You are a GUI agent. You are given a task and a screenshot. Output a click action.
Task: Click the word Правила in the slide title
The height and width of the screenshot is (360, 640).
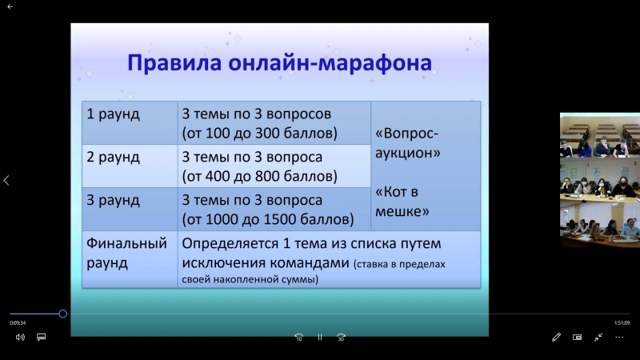click(x=174, y=63)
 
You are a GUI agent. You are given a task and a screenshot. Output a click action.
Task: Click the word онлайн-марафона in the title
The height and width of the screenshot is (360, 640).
click(x=330, y=63)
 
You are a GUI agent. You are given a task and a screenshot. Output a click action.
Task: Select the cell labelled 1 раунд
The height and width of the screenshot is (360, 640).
click(x=130, y=123)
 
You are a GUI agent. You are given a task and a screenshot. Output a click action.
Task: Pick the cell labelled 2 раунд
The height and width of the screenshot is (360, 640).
click(x=130, y=166)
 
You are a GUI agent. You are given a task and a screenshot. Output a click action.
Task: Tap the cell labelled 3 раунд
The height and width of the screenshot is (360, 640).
click(x=130, y=210)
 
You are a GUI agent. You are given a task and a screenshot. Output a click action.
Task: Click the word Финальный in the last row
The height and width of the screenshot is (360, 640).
click(x=126, y=244)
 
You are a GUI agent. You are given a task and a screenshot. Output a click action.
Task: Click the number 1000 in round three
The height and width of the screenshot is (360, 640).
click(x=222, y=219)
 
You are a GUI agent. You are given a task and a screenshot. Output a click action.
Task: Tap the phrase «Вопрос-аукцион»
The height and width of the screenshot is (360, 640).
click(x=407, y=143)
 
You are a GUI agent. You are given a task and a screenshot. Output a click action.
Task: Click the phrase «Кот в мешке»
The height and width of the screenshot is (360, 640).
click(x=402, y=202)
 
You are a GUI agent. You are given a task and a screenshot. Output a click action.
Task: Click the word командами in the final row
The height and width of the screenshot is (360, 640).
click(x=310, y=263)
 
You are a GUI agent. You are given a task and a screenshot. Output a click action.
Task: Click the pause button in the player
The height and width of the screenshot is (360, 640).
click(x=320, y=337)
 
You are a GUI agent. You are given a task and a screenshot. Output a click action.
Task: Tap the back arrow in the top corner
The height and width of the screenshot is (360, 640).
click(x=10, y=6)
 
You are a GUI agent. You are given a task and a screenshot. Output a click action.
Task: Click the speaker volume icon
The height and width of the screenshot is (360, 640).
click(x=20, y=337)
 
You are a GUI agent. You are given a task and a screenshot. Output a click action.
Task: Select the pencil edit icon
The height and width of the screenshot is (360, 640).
click(x=556, y=337)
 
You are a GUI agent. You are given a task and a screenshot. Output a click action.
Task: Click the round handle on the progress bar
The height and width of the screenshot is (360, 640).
click(x=62, y=314)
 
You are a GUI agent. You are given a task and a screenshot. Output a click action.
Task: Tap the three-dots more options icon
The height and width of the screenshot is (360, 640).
click(x=619, y=337)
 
